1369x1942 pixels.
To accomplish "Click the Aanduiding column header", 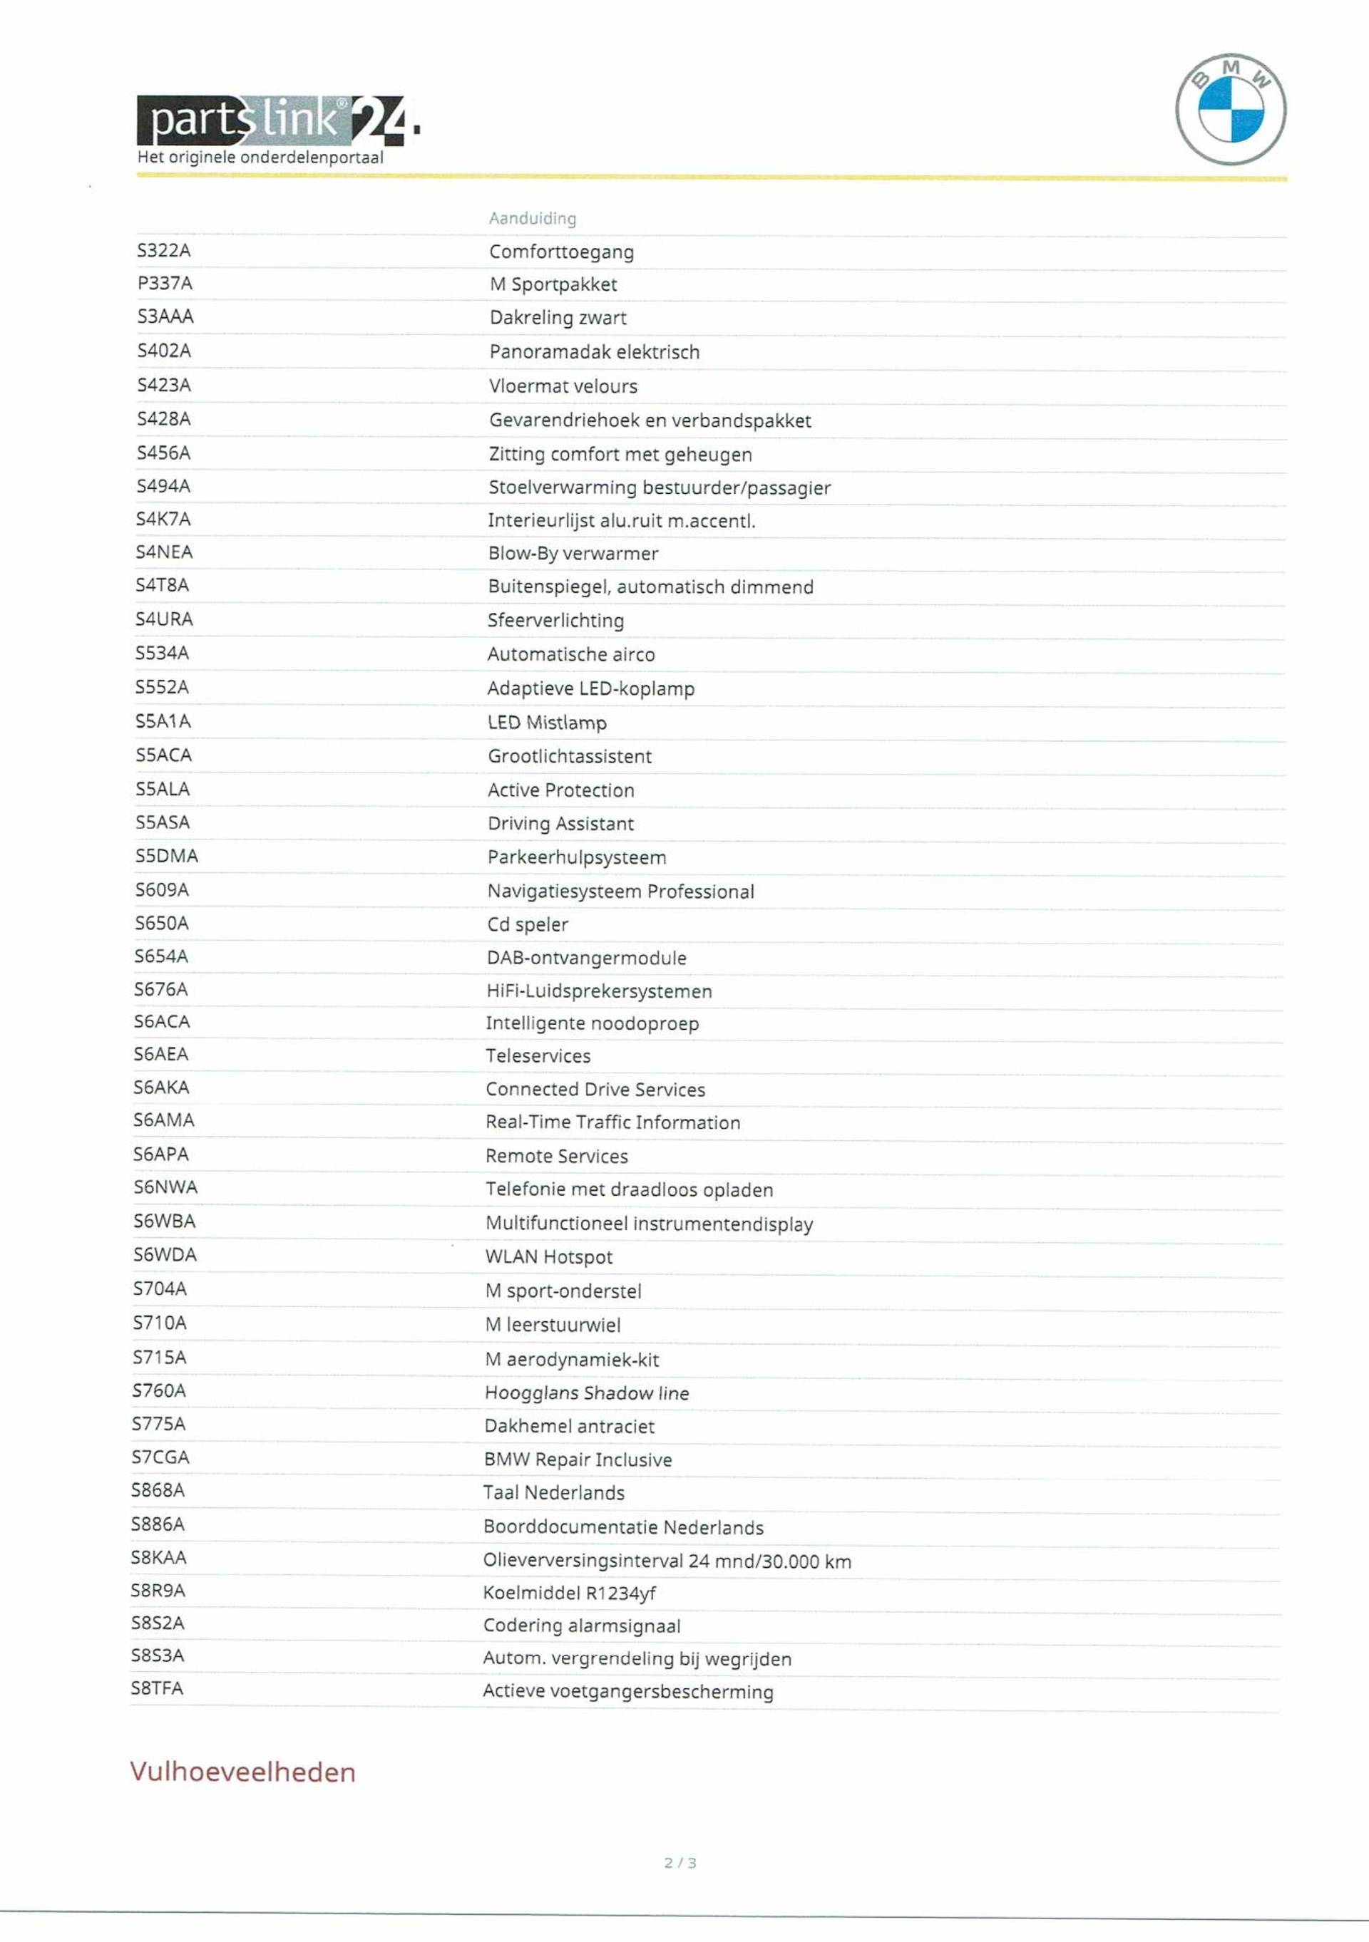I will pyautogui.click(x=532, y=218).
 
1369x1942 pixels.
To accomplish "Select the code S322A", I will pyautogui.click(x=164, y=250).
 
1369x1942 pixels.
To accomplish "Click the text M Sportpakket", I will pyautogui.click(x=553, y=284).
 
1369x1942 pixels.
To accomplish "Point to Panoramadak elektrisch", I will pyautogui.click(x=594, y=352).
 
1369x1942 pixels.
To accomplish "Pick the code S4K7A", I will pyautogui.click(x=163, y=519).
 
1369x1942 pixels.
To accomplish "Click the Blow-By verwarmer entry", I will pyautogui.click(x=573, y=553).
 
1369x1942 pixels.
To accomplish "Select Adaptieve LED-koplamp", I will pyautogui.click(x=590, y=688).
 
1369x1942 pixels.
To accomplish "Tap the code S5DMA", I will pyautogui.click(x=167, y=856).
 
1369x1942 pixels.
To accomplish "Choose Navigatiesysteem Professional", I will pyautogui.click(x=620, y=892).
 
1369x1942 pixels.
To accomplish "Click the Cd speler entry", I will pyautogui.click(x=527, y=924).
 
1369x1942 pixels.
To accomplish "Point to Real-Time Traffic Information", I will pyautogui.click(x=612, y=1122).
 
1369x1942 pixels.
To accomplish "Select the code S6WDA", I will pyautogui.click(x=165, y=1254).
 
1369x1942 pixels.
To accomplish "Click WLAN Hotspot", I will pyautogui.click(x=548, y=1257).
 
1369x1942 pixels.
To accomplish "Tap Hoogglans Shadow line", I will pyautogui.click(x=586, y=1393).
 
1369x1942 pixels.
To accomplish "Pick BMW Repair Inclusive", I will pyautogui.click(x=578, y=1460).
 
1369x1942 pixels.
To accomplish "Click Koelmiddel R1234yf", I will pyautogui.click(x=570, y=1594).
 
